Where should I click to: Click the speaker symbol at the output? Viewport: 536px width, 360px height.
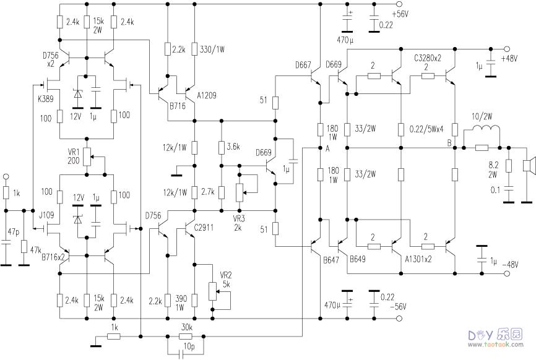click(529, 166)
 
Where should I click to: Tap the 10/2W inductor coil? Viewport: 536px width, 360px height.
click(485, 129)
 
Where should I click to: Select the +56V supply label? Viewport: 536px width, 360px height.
click(400, 14)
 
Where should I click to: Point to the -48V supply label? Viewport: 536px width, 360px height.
click(510, 265)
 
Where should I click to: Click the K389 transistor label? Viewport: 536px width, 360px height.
click(45, 99)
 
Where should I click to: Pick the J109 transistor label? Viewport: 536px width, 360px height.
click(46, 215)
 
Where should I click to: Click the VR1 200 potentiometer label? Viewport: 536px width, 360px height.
click(74, 156)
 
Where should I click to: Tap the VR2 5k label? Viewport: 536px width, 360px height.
click(226, 280)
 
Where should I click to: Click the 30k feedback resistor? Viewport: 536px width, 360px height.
click(186, 336)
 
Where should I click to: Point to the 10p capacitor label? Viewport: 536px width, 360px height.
click(189, 346)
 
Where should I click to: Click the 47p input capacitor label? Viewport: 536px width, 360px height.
click(14, 232)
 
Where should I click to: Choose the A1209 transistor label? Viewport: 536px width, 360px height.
click(207, 96)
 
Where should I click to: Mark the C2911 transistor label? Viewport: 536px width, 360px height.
click(204, 228)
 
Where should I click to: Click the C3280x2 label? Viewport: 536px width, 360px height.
click(428, 58)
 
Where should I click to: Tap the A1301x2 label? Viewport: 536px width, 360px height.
click(418, 259)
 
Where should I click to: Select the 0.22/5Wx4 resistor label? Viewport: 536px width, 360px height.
click(426, 129)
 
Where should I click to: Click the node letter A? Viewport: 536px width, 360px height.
click(327, 148)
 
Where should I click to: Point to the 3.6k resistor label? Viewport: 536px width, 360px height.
click(233, 147)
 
